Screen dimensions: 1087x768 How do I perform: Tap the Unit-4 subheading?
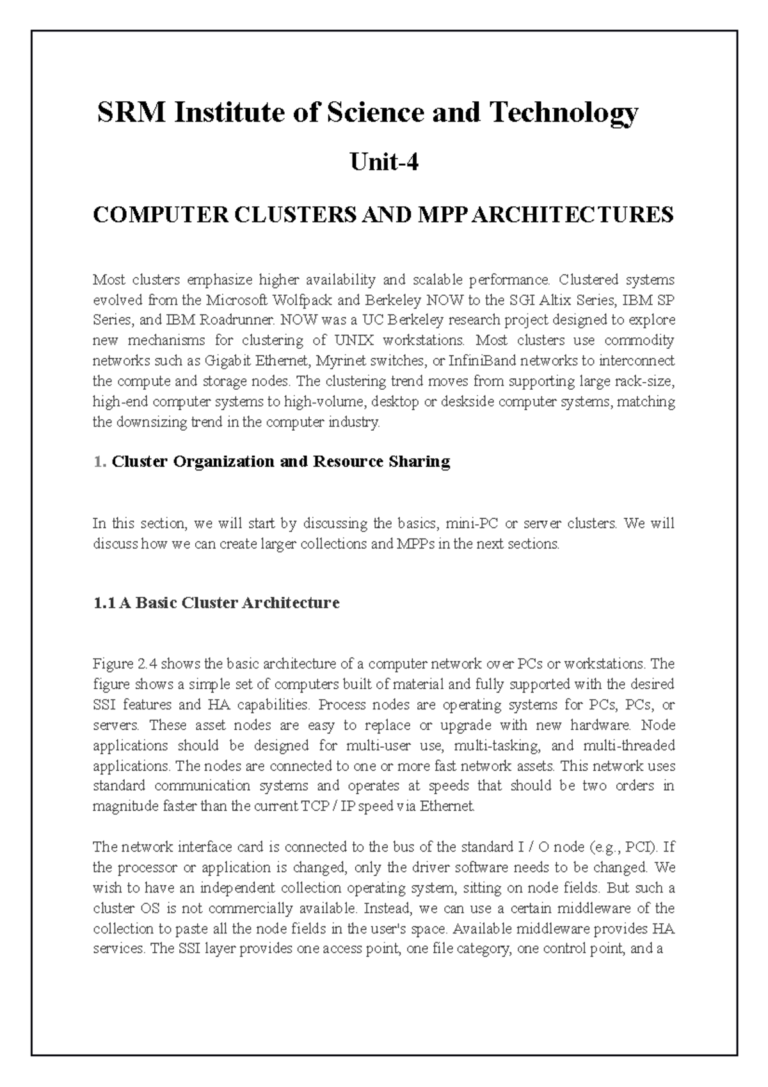coord(384,163)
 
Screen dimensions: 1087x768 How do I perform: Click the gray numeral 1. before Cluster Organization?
coord(99,462)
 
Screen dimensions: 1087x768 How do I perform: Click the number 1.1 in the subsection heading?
coord(104,603)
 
